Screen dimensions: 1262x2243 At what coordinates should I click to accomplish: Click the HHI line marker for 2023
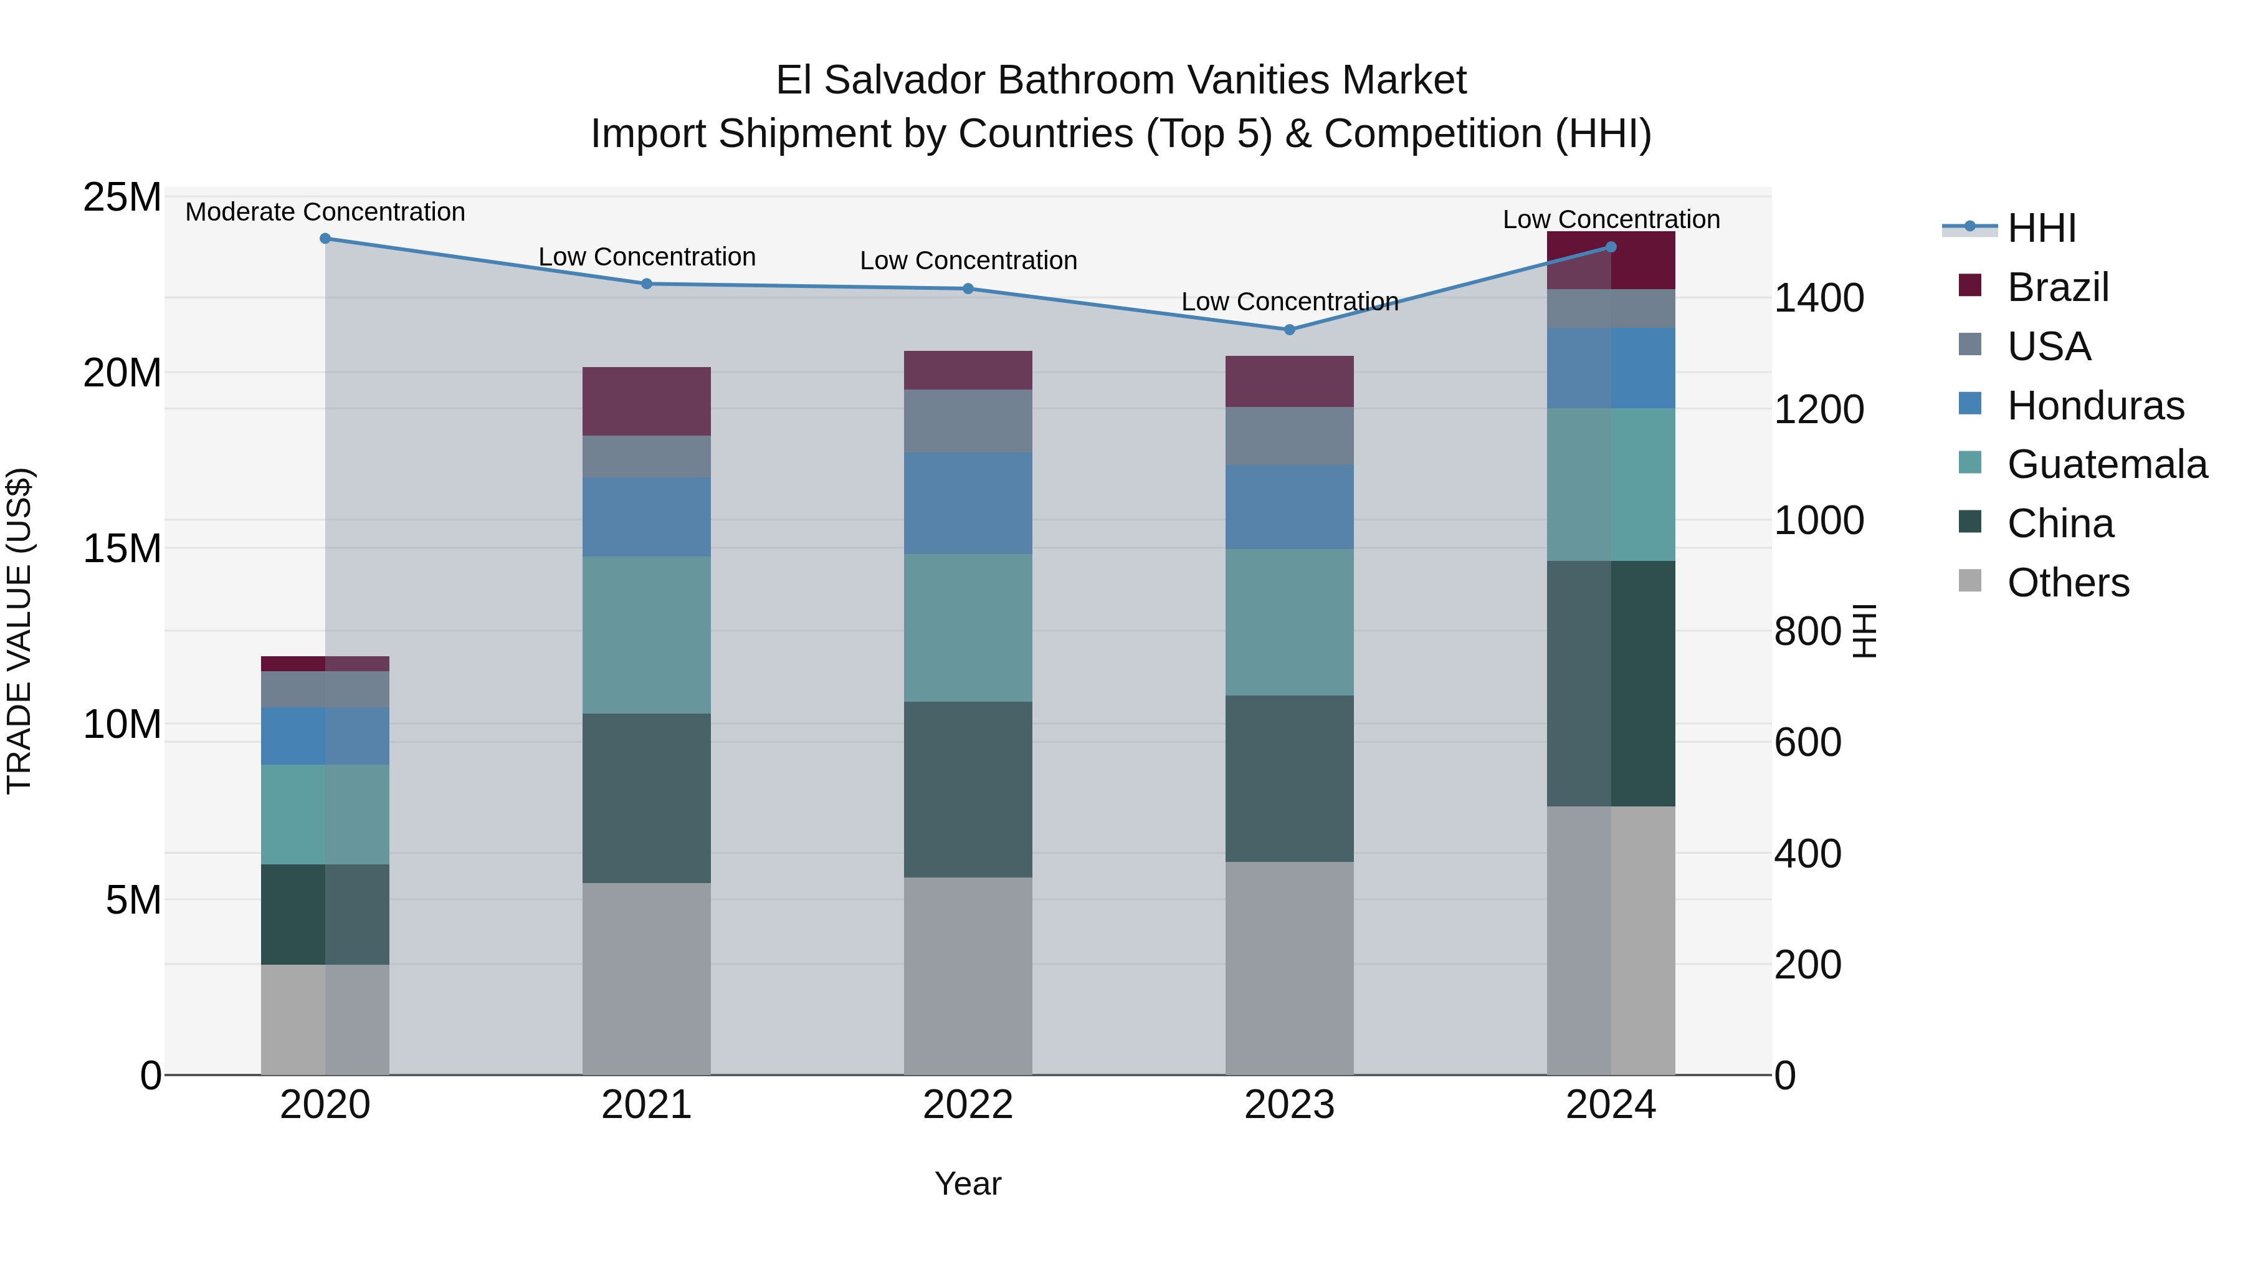(1290, 329)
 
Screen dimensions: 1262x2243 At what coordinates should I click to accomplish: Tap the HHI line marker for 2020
(325, 238)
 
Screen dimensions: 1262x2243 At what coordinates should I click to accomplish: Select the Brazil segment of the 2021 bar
(646, 401)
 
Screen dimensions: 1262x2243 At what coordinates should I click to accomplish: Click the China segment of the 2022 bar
(968, 788)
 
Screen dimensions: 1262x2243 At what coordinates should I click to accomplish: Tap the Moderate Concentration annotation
(325, 212)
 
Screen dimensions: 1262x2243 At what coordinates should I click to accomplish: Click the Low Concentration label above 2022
(968, 261)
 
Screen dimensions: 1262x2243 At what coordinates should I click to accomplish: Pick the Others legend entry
(2067, 583)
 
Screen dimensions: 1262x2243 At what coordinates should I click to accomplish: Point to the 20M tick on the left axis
(122, 373)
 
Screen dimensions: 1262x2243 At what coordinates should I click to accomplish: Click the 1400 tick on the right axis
(1819, 298)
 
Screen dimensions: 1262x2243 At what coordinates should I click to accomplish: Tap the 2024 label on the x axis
(1610, 1105)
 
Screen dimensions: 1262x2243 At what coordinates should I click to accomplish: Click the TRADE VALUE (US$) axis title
(19, 631)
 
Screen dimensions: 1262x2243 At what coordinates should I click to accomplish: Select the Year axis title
(968, 1183)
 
